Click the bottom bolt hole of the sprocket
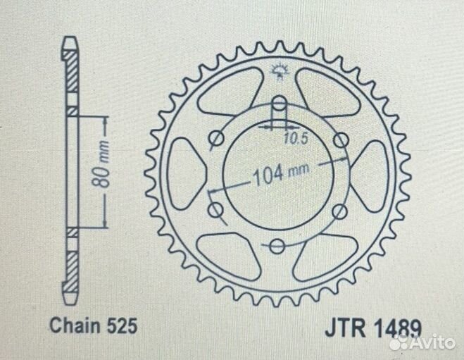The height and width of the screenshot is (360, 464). pos(277,246)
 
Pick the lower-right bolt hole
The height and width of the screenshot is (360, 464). pos(340,209)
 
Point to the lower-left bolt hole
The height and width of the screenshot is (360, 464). pos(214,209)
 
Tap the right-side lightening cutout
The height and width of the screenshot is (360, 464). pos(373,173)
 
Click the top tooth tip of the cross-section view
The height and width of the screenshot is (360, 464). pos(70,41)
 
